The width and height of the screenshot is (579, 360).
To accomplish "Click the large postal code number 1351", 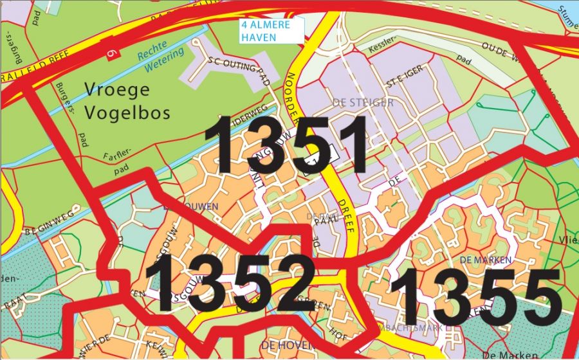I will (x=286, y=145).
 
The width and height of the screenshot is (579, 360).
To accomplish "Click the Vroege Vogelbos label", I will (x=127, y=101).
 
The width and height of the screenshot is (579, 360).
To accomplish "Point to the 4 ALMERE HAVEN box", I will (x=266, y=30).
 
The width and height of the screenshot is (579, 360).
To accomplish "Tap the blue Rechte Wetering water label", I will (x=160, y=57).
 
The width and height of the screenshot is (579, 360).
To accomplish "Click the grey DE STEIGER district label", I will (x=363, y=102).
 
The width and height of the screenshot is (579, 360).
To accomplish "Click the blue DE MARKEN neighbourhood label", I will (x=486, y=260).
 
